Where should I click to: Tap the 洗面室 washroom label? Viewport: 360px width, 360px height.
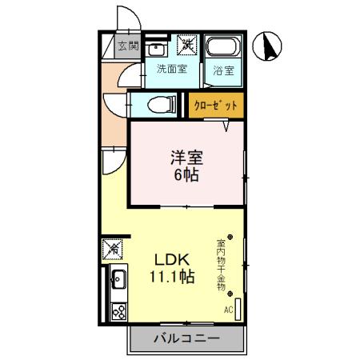(171, 69)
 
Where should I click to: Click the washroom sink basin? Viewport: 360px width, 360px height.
(157, 47)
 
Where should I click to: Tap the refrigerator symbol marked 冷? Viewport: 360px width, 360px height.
(113, 250)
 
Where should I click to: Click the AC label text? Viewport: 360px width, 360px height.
(228, 310)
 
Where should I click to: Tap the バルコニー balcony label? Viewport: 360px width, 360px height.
(186, 339)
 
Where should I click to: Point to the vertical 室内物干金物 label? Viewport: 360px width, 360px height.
(221, 264)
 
